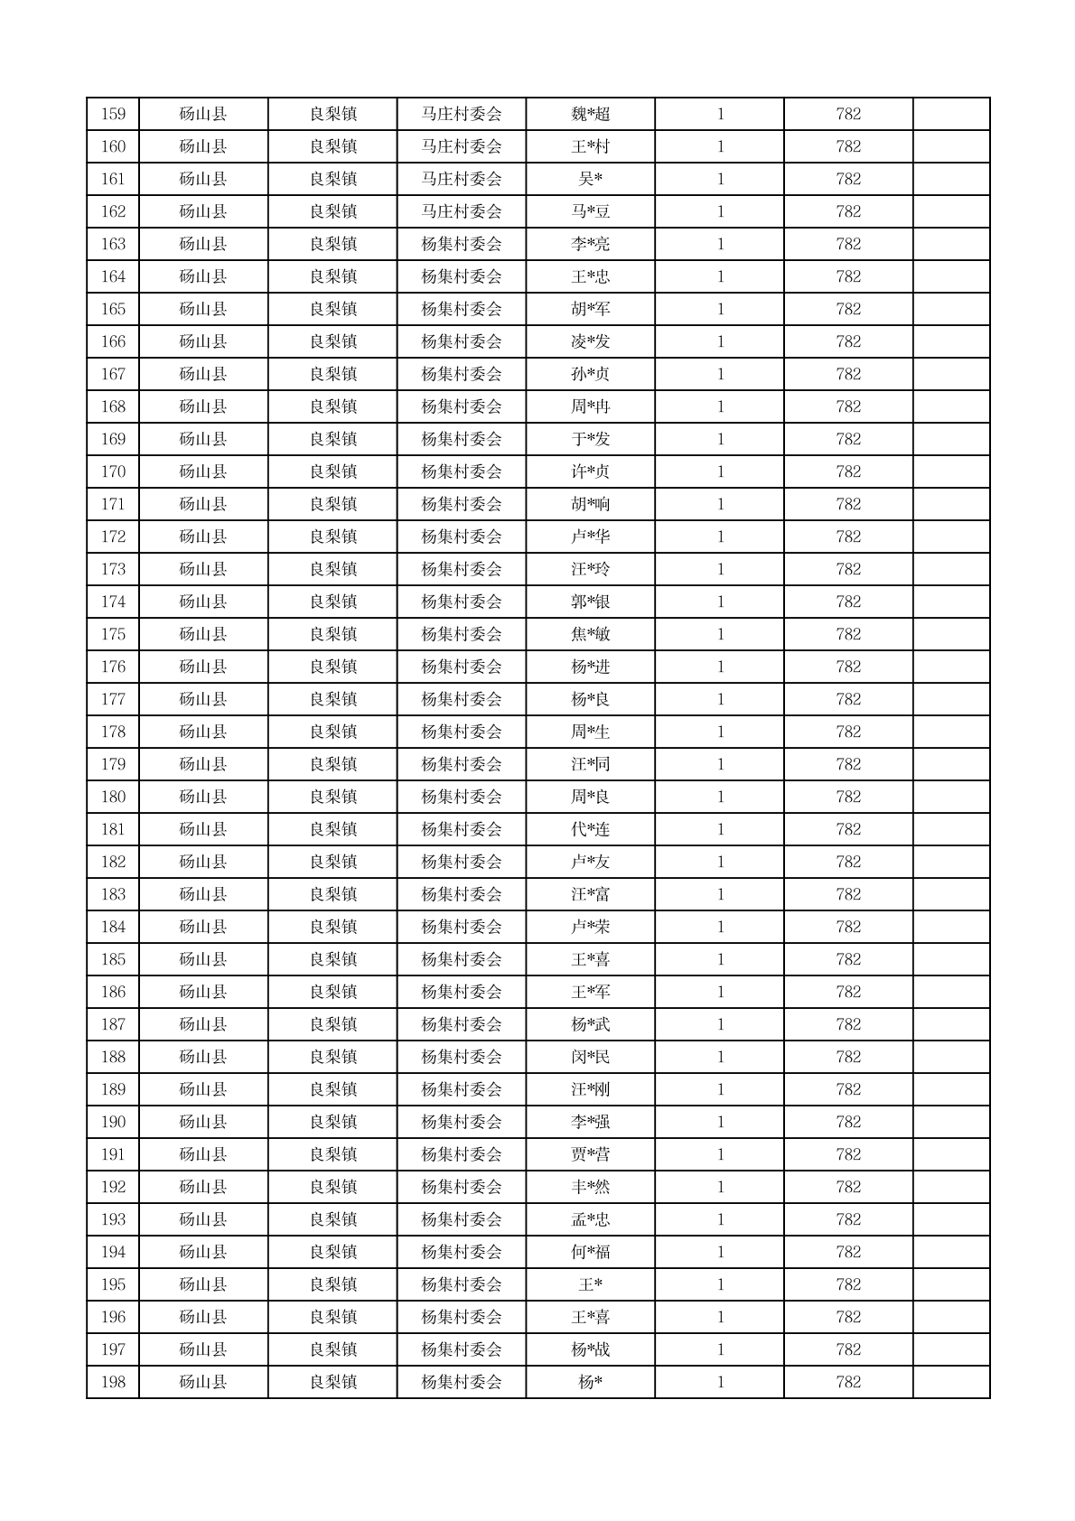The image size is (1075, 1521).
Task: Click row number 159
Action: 113,115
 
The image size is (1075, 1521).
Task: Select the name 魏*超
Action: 590,115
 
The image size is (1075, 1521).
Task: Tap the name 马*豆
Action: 590,212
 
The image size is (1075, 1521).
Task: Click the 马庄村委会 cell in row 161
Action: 461,180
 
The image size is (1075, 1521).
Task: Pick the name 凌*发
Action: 590,342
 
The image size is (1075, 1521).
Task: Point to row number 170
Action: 113,472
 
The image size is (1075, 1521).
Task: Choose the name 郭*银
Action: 590,602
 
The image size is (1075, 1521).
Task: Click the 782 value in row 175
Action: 848,635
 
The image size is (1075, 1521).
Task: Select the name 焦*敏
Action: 590,635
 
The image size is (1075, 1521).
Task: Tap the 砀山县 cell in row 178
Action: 203,733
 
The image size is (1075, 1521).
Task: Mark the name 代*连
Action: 590,830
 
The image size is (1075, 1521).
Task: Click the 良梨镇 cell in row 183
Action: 332,895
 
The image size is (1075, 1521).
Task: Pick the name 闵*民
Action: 590,1058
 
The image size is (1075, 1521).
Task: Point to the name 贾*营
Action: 590,1155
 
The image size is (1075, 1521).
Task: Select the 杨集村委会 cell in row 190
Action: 461,1123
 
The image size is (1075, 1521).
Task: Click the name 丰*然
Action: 590,1188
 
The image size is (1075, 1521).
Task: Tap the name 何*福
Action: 590,1253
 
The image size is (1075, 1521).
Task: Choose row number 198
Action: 113,1383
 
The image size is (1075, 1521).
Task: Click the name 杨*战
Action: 590,1350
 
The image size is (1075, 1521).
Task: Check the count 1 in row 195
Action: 720,1285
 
